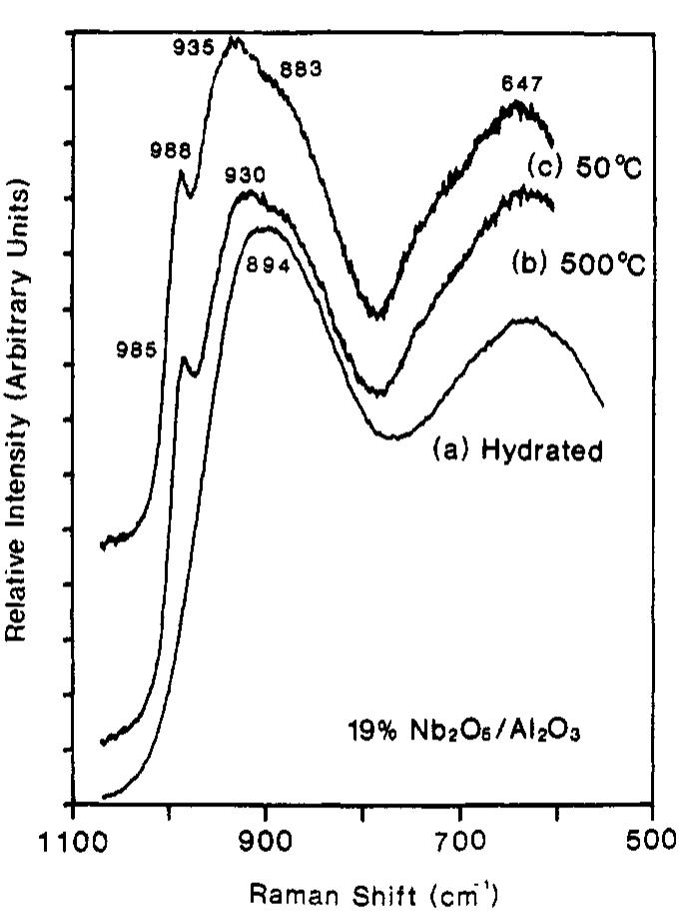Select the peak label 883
coord(301,70)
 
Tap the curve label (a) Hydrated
coord(517,452)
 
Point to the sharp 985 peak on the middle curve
coord(183,358)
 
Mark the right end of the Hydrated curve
coord(602,406)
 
